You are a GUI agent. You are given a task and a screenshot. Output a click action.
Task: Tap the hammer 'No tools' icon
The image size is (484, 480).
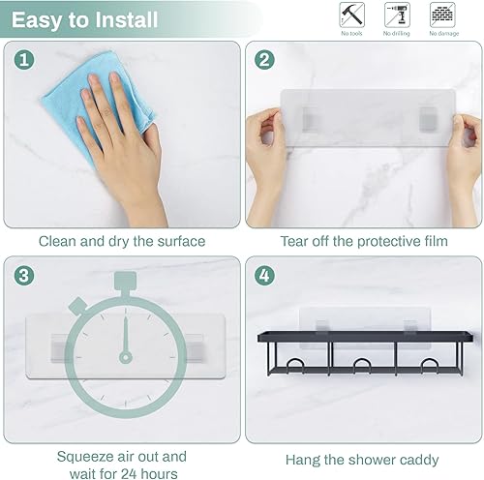351,15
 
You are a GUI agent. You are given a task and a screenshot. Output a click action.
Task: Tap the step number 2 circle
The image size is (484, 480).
264,60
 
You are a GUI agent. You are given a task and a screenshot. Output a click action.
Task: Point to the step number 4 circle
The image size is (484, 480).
264,275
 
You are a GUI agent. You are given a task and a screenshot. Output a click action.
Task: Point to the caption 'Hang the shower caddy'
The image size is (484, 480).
362,460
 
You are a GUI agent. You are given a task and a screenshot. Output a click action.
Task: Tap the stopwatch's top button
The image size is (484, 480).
125,282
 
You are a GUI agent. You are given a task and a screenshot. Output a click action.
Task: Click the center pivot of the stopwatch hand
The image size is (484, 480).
125,356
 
